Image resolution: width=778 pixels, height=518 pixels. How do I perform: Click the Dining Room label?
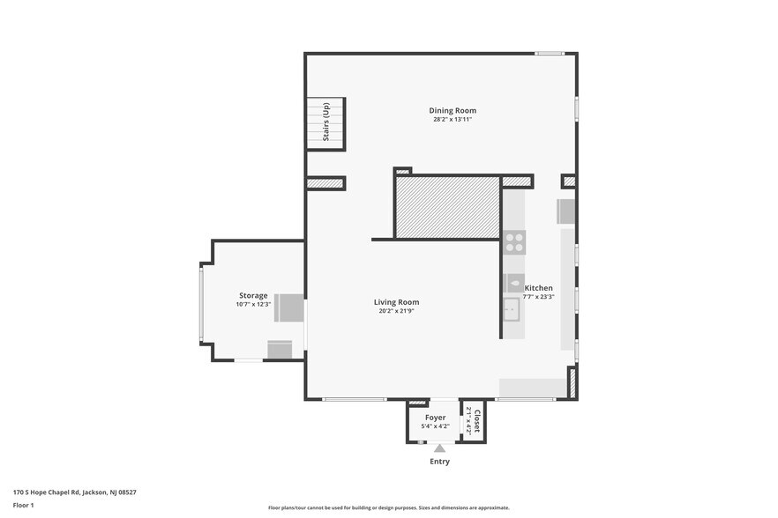(453, 110)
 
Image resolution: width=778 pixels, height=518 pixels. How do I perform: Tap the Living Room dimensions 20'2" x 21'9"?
(396, 311)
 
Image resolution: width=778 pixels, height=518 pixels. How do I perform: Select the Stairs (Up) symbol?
(325, 123)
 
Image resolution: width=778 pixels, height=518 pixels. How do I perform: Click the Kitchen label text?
(538, 288)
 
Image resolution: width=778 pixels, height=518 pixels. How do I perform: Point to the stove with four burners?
(514, 242)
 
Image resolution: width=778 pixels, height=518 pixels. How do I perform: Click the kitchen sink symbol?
(512, 309)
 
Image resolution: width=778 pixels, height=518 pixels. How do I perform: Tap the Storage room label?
(253, 295)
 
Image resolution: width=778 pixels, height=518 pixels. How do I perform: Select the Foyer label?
(435, 417)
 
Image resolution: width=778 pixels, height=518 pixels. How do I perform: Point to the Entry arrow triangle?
(439, 448)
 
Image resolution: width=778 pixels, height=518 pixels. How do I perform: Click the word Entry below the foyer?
(439, 462)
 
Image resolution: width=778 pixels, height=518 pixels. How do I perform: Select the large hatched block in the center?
(447, 207)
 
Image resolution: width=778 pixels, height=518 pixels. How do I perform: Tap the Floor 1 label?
(23, 505)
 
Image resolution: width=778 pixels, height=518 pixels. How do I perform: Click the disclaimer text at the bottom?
(388, 507)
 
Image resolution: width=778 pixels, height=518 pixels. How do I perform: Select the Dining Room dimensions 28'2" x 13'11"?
(453, 119)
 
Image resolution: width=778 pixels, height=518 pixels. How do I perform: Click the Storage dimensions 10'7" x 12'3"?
(253, 304)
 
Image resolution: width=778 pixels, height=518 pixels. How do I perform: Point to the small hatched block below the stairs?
(325, 183)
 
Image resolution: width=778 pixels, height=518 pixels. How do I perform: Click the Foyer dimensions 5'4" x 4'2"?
(435, 425)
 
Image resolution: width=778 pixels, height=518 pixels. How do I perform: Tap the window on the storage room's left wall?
(201, 304)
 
